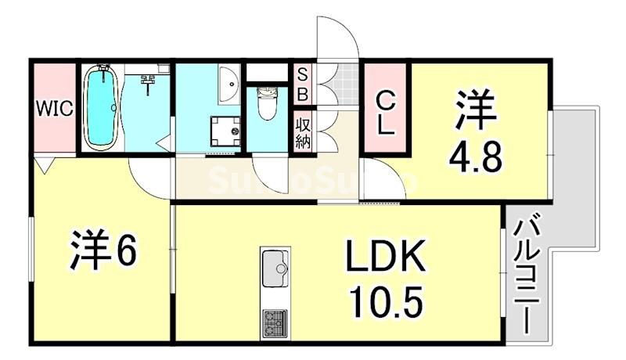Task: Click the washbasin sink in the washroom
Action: coord(230,85)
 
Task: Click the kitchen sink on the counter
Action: coord(275,270)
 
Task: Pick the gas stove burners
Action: coord(274,322)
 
